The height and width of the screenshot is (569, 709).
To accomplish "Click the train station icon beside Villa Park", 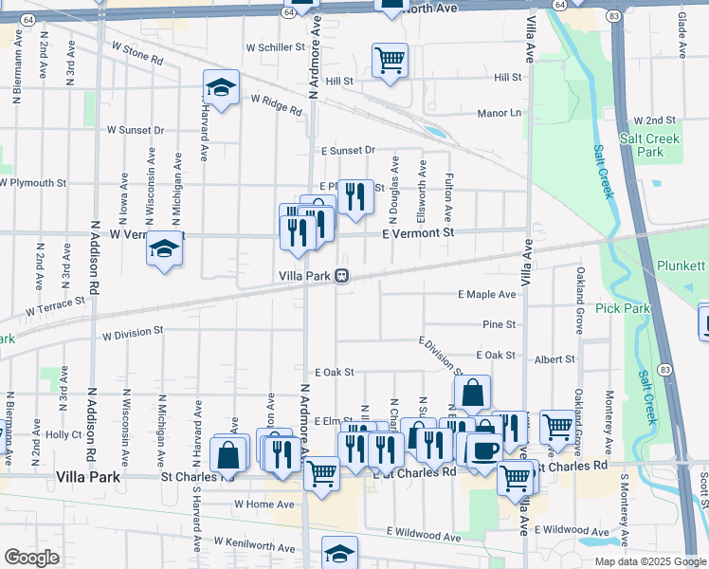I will [341, 276].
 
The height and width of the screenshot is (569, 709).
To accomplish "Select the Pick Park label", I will [623, 308].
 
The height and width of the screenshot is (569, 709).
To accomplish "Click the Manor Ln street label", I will [500, 113].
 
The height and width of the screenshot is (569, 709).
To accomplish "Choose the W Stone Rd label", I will [137, 52].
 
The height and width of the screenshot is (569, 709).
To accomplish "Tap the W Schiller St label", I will [275, 46].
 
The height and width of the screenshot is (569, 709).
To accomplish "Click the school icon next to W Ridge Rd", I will [221, 89].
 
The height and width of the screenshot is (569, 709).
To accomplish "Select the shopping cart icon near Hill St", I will [390, 60].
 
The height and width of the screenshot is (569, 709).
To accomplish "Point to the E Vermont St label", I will [418, 232].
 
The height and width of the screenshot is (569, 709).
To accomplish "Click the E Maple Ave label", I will [487, 295].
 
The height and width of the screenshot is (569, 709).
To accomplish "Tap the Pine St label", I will [499, 324].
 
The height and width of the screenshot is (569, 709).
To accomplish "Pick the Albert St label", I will [554, 359].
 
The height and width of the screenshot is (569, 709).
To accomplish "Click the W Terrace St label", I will [56, 305].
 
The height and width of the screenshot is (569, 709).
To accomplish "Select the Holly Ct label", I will [64, 434].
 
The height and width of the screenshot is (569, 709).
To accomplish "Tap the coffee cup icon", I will [485, 449].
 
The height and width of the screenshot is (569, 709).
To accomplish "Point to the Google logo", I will [31, 558].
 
